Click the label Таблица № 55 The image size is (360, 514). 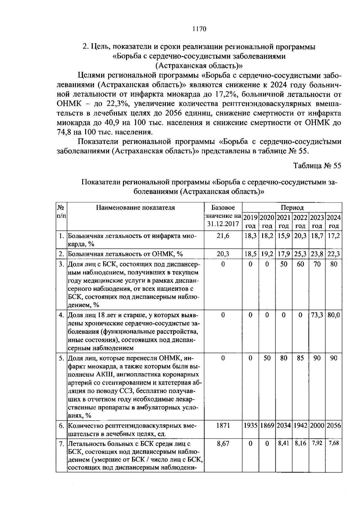click(x=317, y=166)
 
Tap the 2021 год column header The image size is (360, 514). click(x=284, y=221)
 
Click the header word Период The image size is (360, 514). click(x=292, y=207)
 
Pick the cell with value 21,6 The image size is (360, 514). click(x=223, y=236)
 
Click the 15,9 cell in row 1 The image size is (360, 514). click(x=284, y=236)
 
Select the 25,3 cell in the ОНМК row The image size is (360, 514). click(x=300, y=254)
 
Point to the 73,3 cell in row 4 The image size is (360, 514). click(x=317, y=315)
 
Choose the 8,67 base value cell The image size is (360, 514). click(x=223, y=443)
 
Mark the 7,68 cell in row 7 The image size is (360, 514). click(x=334, y=443)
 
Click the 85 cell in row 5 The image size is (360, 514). click(x=300, y=358)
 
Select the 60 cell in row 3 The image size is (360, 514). click(x=300, y=264)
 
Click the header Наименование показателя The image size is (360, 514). click(x=135, y=207)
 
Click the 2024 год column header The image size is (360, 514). click(x=334, y=221)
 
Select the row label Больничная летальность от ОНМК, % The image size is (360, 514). click(x=125, y=254)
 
